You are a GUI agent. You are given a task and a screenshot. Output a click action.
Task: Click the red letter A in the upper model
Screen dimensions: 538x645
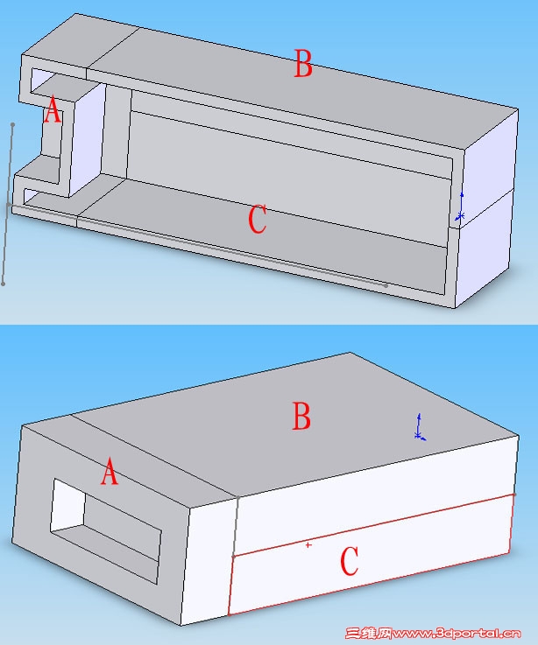coord(53,109)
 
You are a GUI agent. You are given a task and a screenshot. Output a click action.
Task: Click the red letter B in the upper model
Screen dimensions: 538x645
coord(303,63)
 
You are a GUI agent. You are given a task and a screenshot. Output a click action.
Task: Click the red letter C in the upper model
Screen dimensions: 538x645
coord(258,219)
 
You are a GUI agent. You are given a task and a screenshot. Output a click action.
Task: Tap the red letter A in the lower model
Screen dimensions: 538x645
coord(110,472)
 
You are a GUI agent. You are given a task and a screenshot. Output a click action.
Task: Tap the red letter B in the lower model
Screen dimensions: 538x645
coord(301,416)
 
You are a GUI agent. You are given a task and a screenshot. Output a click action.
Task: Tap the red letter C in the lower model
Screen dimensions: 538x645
coord(350,560)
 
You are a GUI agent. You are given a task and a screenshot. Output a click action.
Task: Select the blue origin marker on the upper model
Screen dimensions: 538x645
coord(461,207)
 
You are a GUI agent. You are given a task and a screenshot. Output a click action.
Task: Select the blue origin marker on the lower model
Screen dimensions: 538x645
coord(420,426)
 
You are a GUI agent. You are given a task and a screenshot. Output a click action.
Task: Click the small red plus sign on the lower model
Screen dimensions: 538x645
coord(308,545)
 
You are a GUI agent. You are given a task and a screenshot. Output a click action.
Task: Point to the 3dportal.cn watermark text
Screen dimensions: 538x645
coord(456,633)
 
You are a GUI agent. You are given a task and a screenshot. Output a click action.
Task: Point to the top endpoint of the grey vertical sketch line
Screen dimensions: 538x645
coord(13,124)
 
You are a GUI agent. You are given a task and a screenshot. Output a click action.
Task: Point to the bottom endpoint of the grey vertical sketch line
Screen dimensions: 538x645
coord(4,284)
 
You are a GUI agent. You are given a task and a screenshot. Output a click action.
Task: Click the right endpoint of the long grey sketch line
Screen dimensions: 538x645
coord(386,284)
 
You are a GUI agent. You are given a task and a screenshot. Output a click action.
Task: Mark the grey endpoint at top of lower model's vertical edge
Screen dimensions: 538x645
coord(238,498)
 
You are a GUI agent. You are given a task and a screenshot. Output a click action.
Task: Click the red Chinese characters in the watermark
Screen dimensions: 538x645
coord(368,633)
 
